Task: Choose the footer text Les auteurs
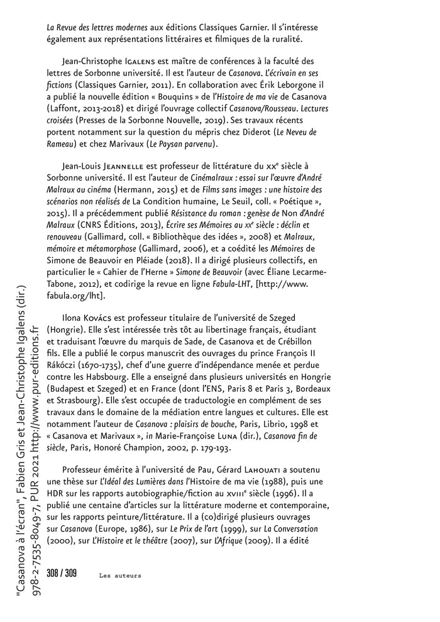coord(120,575)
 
